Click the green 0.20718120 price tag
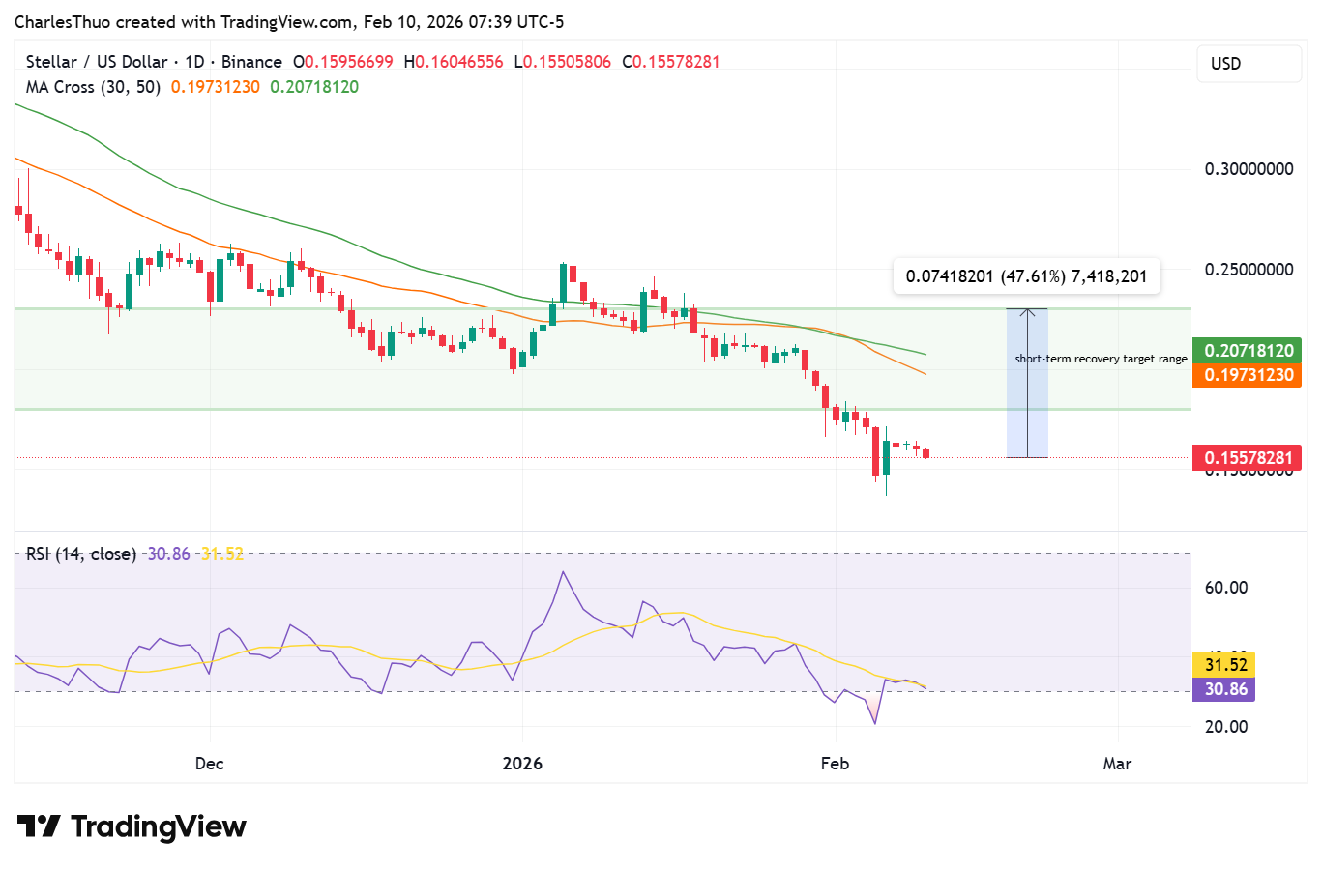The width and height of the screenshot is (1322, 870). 1249,351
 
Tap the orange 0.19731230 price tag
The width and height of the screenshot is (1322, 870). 1249,375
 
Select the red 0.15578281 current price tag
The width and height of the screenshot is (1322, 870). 1249,458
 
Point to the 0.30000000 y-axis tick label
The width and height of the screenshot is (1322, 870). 1249,169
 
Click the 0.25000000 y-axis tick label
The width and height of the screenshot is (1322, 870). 1249,270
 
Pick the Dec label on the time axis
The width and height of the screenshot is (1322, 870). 209,764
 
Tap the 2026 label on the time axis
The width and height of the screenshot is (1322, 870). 522,764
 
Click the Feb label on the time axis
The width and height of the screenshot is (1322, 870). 835,764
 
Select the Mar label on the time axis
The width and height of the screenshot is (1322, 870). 1117,764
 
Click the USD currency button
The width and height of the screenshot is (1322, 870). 1249,64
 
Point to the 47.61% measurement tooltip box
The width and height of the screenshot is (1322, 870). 1026,276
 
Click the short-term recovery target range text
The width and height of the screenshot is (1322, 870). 1101,359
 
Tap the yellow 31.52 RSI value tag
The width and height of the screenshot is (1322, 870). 1226,665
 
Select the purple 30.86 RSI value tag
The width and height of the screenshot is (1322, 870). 1226,689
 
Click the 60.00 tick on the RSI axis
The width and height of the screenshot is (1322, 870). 1226,588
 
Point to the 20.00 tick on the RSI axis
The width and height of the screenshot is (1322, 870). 1226,727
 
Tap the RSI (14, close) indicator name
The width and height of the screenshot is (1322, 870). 81,554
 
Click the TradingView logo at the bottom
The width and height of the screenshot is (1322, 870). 132,827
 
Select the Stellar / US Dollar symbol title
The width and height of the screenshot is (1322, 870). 96,62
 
